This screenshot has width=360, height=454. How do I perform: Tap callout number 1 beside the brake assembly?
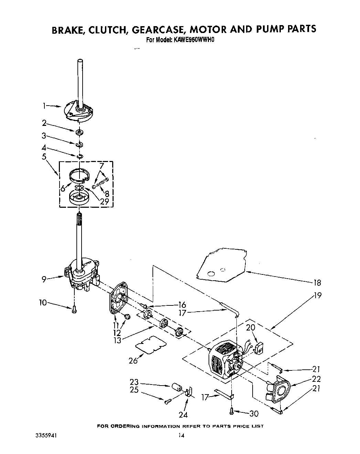[44, 106]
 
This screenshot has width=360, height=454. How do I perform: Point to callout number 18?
[317, 283]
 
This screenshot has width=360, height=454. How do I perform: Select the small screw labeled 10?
[74, 310]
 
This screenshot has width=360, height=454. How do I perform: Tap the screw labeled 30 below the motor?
[232, 410]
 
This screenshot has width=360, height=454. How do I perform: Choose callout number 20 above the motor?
[251, 327]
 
